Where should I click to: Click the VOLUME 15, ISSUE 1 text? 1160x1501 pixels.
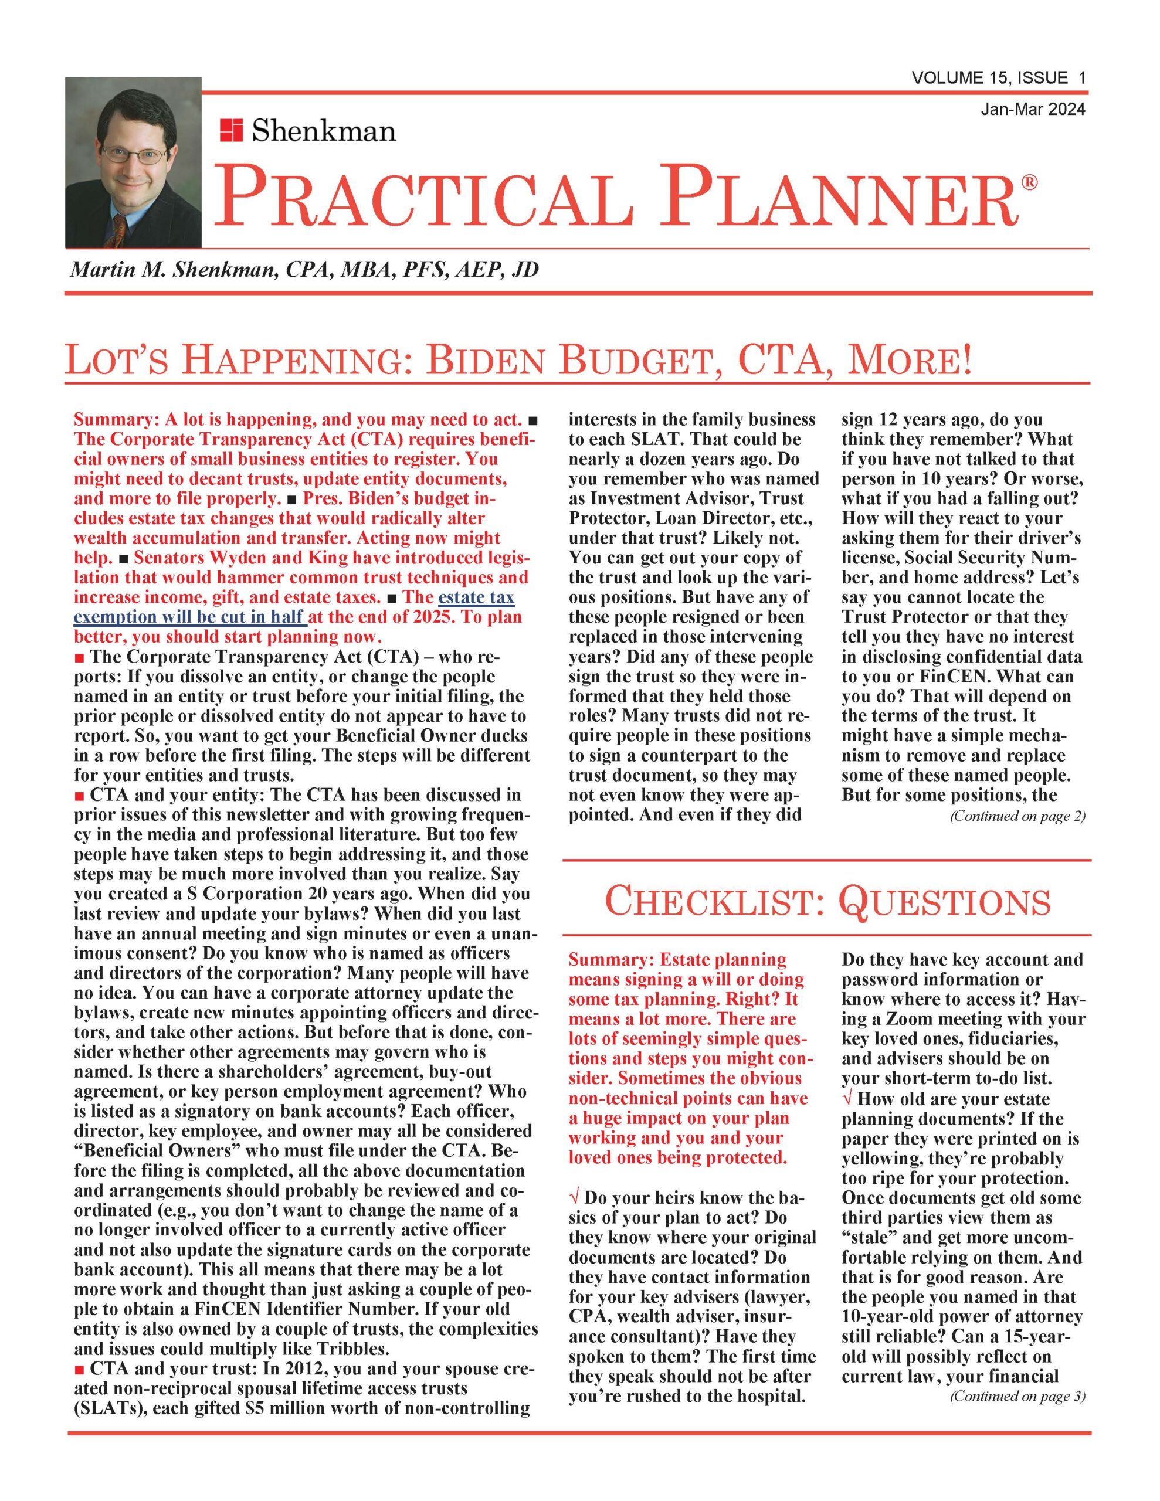(x=998, y=79)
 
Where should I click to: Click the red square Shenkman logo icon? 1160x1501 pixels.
(x=231, y=129)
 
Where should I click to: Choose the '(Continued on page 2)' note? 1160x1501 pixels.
(x=1017, y=817)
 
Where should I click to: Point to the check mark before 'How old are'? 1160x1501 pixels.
(x=847, y=1099)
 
